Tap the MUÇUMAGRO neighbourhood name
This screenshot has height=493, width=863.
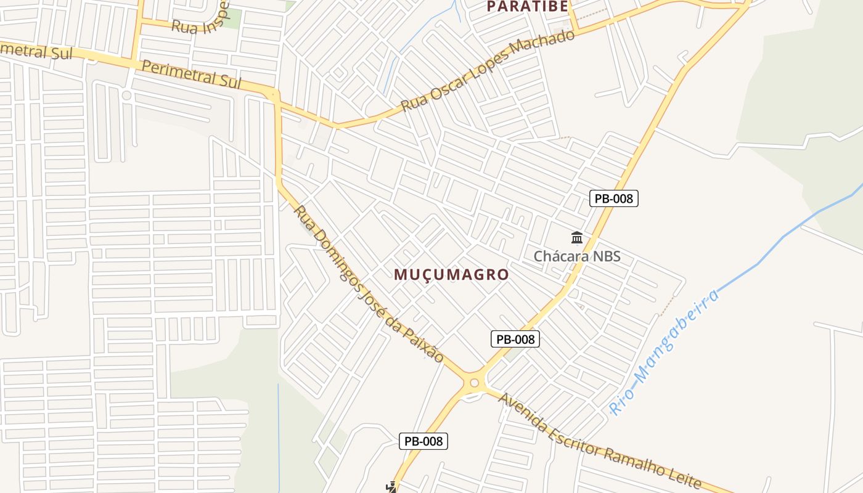451,274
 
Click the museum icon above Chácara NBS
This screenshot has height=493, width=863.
577,237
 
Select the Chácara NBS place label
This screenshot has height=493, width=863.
577,256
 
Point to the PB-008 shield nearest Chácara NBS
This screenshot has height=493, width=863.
613,198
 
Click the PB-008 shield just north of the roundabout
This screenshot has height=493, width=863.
515,339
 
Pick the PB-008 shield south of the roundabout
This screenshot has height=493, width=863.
423,441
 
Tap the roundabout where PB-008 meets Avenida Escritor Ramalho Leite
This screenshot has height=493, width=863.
473,383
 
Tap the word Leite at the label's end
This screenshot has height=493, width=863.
685,478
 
